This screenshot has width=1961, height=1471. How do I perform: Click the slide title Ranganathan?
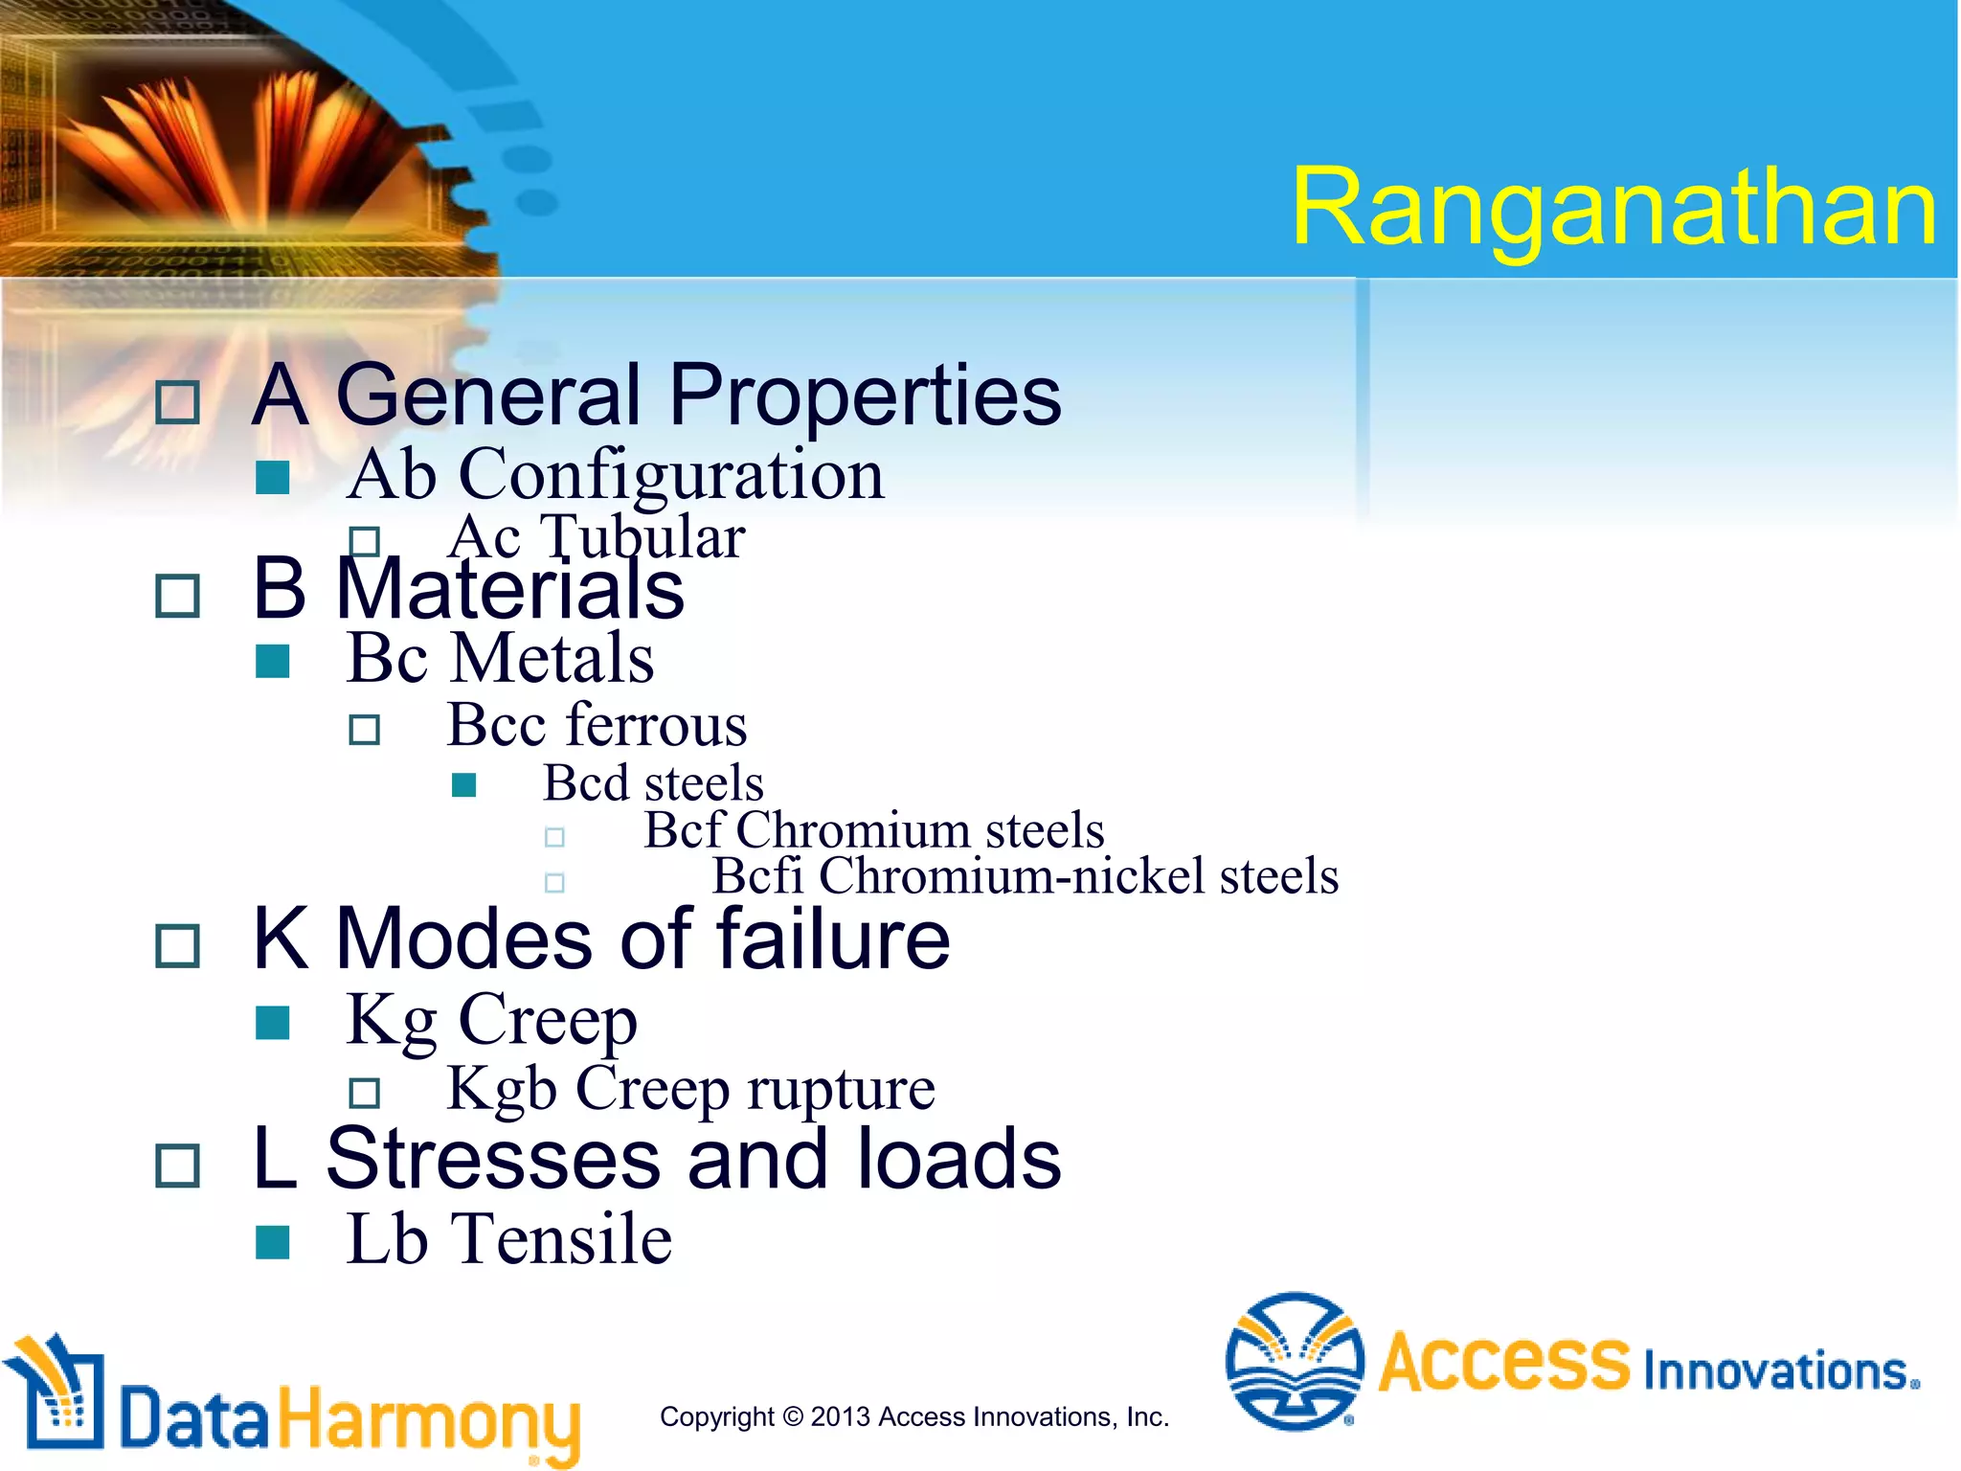click(x=1613, y=208)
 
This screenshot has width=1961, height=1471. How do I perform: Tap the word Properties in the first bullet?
click(x=865, y=396)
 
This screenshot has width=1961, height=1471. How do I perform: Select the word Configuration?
click(x=671, y=475)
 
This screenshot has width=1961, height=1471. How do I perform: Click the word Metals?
click(x=552, y=659)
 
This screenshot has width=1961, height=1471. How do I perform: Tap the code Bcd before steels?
click(x=585, y=783)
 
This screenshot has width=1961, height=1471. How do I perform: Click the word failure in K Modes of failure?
click(x=833, y=939)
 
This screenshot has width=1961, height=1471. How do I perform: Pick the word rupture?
click(x=841, y=1090)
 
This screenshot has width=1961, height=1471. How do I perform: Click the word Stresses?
click(x=493, y=1160)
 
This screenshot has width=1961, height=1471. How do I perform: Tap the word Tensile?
click(x=562, y=1240)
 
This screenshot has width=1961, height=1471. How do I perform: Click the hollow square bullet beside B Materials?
click(x=178, y=597)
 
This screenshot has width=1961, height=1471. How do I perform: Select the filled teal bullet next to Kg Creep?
click(x=273, y=1023)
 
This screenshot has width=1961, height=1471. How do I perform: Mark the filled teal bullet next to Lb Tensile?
click(x=273, y=1242)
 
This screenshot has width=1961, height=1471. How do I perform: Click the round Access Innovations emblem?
click(x=1295, y=1361)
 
